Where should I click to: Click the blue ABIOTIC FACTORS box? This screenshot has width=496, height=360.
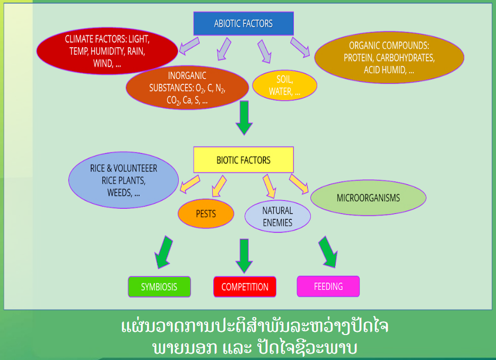(x=243, y=23)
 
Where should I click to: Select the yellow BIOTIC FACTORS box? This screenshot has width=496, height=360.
(x=243, y=160)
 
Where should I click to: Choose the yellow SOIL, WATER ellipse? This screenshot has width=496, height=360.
(x=284, y=85)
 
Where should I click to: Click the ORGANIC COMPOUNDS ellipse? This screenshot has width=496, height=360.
(x=389, y=57)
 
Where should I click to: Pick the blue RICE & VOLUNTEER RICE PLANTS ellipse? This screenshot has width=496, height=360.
(x=123, y=181)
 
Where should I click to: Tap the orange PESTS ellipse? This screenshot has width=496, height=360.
(x=206, y=215)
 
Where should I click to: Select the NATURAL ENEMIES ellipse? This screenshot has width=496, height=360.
(x=277, y=216)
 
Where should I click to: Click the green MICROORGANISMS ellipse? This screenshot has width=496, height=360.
(x=368, y=198)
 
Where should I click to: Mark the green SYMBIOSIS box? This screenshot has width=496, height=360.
(x=159, y=287)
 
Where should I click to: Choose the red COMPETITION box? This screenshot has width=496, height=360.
(x=245, y=287)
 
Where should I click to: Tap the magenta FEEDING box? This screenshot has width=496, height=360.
(x=328, y=286)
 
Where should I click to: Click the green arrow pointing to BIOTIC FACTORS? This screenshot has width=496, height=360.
(x=244, y=117)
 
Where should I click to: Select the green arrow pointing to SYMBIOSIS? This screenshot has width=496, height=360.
(x=166, y=252)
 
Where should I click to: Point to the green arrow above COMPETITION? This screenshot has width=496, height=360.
(x=244, y=255)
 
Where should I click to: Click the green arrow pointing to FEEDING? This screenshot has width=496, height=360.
(x=328, y=252)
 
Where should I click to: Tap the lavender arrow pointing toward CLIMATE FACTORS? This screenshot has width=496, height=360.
(x=188, y=46)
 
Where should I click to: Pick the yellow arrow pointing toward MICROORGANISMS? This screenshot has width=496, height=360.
(x=299, y=183)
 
